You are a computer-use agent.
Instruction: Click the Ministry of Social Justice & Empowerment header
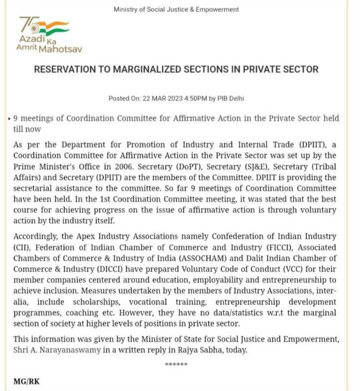pos(176,9)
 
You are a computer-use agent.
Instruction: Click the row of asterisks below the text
pos(176,364)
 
